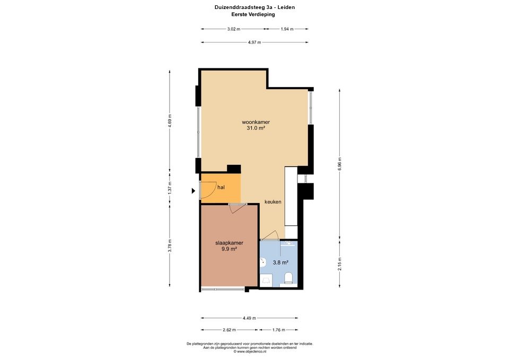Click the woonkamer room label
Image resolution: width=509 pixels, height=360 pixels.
click(256, 122)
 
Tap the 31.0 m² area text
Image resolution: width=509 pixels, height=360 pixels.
click(256, 128)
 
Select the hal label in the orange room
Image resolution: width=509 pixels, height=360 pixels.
click(221, 187)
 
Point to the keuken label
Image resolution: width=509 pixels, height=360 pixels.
click(273, 201)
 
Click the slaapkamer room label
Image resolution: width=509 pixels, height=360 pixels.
click(229, 243)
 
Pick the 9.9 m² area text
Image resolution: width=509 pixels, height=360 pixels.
click(229, 249)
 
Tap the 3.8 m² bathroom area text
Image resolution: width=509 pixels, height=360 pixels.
click(281, 262)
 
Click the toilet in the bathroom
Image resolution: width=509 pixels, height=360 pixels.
click(288, 278)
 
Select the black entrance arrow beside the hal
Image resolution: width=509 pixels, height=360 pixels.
click(194, 191)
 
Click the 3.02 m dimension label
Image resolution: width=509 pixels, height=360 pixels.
click(234, 29)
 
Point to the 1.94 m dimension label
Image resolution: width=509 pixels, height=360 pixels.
click(287, 29)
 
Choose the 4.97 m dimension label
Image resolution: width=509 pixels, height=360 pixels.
click(254, 42)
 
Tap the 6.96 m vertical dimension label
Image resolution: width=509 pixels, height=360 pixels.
click(340, 164)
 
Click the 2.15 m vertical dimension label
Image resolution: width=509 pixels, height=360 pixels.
click(340, 264)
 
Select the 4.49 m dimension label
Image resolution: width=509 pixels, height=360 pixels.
click(249, 318)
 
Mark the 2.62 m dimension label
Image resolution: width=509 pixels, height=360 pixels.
click(229, 330)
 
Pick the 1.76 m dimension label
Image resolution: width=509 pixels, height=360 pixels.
click(278, 330)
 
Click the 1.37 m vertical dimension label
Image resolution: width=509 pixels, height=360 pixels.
click(170, 188)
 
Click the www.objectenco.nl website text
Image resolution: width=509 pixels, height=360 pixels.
click(251, 351)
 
